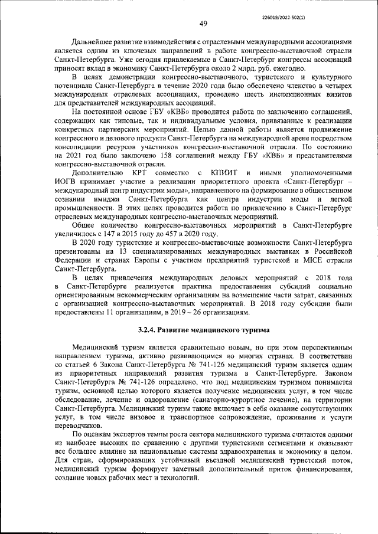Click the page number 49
click(203, 24)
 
